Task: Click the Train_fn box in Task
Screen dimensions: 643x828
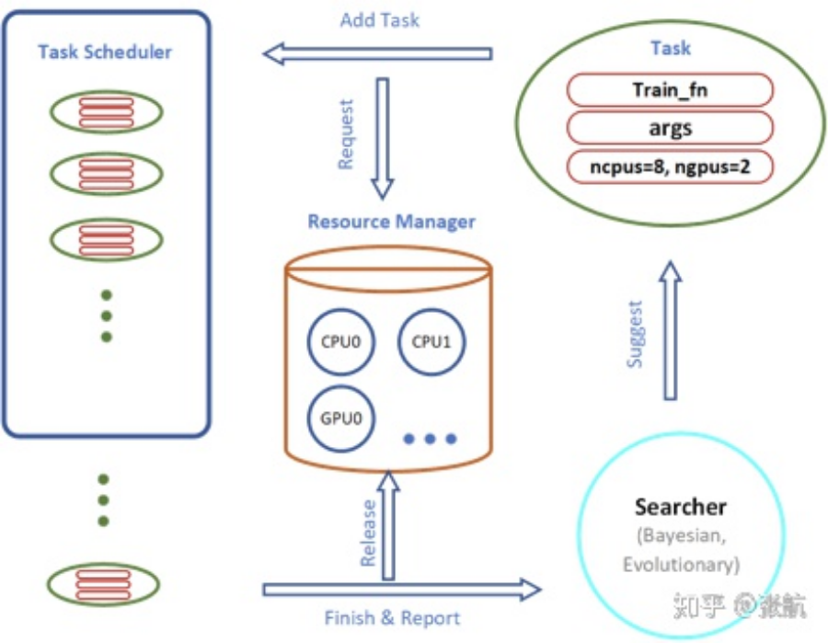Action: tap(670, 90)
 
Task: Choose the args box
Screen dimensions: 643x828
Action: tap(670, 128)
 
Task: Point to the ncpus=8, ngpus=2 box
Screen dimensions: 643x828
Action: tap(670, 166)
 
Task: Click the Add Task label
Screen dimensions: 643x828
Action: tap(379, 20)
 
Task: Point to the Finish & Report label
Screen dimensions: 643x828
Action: tap(392, 618)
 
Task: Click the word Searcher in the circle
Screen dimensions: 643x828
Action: tap(680, 507)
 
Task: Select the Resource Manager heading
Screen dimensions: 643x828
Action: tap(391, 222)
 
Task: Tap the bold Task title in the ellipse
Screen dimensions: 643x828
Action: tap(670, 49)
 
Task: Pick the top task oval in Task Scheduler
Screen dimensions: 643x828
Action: tap(105, 110)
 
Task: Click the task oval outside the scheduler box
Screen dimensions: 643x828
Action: tap(105, 584)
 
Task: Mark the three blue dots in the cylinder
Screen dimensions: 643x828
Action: tap(430, 440)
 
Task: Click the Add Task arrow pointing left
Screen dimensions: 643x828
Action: tap(377, 53)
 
